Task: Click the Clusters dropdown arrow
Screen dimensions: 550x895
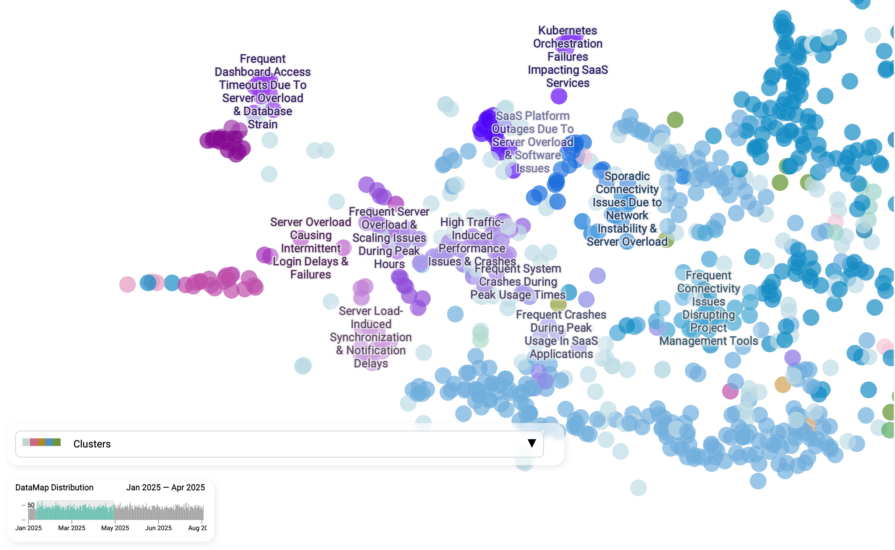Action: [531, 443]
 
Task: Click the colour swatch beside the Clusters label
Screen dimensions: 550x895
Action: [41, 442]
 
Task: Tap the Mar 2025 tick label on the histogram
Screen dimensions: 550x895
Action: [71, 528]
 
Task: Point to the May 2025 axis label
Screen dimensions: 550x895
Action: [115, 528]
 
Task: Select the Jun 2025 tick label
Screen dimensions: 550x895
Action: [158, 528]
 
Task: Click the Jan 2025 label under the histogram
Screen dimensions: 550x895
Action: [28, 528]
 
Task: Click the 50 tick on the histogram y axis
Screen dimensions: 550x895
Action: [31, 505]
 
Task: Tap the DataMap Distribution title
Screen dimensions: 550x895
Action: [54, 487]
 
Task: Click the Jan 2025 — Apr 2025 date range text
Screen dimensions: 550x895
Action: [165, 487]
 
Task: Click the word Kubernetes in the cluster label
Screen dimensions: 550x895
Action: [568, 31]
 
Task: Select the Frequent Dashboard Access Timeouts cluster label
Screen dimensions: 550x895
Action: [262, 91]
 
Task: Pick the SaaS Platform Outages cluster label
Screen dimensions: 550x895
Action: [533, 142]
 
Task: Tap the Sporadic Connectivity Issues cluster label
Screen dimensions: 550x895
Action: [627, 209]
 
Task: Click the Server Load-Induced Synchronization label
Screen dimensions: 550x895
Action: [371, 337]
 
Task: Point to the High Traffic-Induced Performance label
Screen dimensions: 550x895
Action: [472, 241]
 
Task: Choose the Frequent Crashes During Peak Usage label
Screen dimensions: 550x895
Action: [561, 334]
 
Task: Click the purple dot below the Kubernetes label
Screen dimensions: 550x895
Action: [559, 96]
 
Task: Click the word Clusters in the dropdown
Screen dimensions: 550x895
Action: [92, 444]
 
